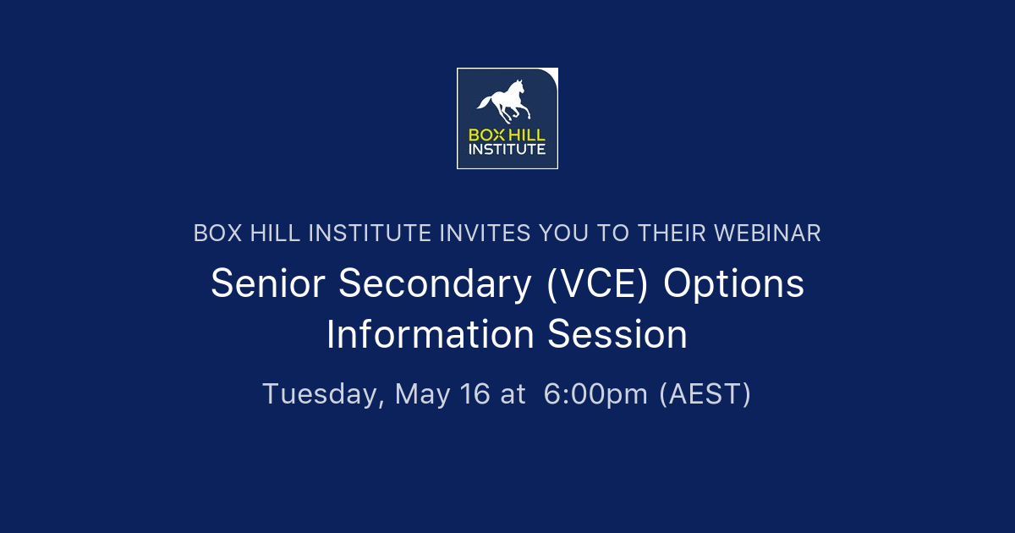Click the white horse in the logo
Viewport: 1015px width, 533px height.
pyautogui.click(x=505, y=102)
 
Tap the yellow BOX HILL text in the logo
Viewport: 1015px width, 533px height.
pyautogui.click(x=507, y=135)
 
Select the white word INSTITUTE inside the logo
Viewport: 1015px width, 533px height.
pyautogui.click(x=507, y=150)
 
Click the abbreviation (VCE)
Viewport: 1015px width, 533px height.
pyautogui.click(x=597, y=284)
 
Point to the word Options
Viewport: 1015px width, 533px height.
pyautogui.click(x=733, y=284)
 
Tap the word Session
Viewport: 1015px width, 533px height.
pyautogui.click(x=617, y=335)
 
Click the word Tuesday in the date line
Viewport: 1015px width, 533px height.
pyautogui.click(x=323, y=394)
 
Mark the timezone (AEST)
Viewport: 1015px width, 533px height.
pyautogui.click(x=705, y=394)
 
